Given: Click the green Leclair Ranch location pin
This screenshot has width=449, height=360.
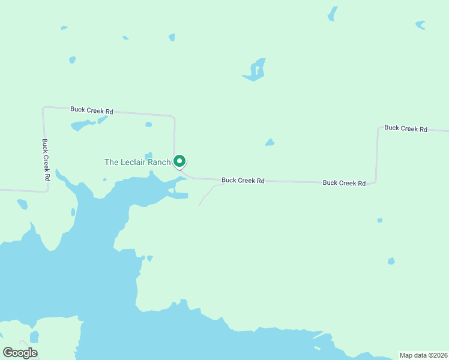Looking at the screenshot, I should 179,161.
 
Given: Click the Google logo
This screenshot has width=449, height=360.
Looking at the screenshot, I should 20,353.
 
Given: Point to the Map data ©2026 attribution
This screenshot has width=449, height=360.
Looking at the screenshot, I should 423,355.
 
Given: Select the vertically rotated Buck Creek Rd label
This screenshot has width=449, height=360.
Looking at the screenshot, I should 46,160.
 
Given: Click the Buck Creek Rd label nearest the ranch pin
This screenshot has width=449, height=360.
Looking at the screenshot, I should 243,180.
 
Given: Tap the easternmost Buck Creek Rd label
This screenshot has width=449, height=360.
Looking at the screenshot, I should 406,128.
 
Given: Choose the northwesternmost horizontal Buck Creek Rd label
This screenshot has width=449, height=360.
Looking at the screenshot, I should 92,110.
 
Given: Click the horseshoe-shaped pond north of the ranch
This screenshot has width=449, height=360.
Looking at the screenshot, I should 255,71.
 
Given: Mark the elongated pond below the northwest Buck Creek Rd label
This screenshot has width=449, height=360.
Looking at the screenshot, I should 82,125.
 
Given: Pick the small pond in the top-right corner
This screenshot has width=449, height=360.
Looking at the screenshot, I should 421,25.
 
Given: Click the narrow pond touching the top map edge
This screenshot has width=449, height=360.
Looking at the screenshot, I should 332,14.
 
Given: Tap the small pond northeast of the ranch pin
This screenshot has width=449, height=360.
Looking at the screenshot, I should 270,143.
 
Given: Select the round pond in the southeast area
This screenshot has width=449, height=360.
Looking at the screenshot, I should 391,261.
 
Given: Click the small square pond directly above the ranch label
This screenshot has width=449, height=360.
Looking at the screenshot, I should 148,155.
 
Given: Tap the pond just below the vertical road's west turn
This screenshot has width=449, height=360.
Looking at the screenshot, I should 22,205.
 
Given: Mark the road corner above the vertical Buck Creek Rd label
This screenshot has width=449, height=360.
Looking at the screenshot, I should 44,109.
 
